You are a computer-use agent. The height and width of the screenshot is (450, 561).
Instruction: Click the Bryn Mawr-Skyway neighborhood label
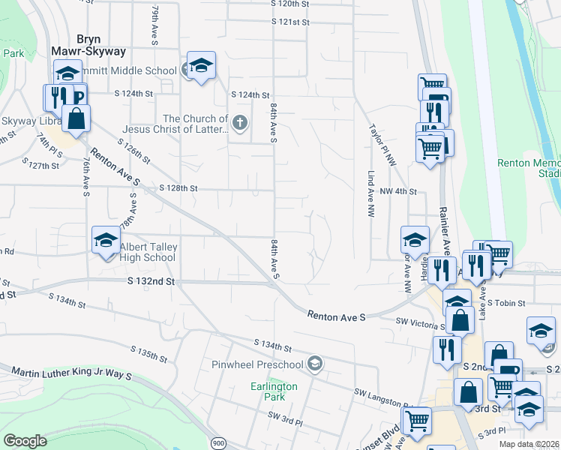pyautogui.click(x=88, y=44)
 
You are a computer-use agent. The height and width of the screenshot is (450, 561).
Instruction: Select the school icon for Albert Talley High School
pyautogui.click(x=106, y=241)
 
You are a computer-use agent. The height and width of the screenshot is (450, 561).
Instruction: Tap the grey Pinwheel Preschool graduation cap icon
pyautogui.click(x=315, y=364)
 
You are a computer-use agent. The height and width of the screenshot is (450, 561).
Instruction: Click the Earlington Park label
pyautogui.click(x=274, y=391)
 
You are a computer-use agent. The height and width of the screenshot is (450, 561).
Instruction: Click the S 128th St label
pyautogui.click(x=178, y=188)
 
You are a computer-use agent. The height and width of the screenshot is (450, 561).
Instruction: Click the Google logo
pyautogui.click(x=25, y=440)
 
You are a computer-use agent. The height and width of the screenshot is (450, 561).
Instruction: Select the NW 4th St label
pyautogui.click(x=397, y=191)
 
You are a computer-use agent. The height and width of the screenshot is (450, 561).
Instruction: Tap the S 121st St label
pyautogui.click(x=291, y=22)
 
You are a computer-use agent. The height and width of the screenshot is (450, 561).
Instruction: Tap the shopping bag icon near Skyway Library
pyautogui.click(x=76, y=118)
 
